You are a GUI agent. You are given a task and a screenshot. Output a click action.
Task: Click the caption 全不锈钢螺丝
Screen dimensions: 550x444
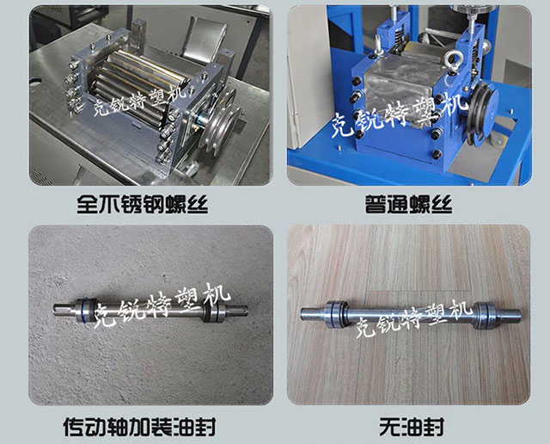coord(142,204)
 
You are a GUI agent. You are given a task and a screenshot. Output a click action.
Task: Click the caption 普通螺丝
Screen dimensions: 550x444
coord(409,204)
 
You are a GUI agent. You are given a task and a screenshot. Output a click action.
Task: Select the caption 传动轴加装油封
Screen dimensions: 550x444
coord(139,427)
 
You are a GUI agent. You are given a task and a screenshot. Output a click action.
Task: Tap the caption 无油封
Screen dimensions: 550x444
coord(412,427)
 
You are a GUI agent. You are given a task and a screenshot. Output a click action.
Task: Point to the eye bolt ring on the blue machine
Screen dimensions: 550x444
coord(453,60)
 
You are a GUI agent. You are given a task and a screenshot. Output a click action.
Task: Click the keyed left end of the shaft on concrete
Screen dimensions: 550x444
coord(64,310)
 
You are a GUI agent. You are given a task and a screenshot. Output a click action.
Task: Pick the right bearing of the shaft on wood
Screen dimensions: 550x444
coord(485,314)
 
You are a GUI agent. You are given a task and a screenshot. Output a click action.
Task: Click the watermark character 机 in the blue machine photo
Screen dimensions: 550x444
coord(455,104)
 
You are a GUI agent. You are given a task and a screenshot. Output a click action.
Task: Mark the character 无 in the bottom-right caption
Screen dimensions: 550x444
coord(389,427)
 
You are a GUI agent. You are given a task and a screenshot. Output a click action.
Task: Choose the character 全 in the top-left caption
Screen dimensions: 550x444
coord(88,204)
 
